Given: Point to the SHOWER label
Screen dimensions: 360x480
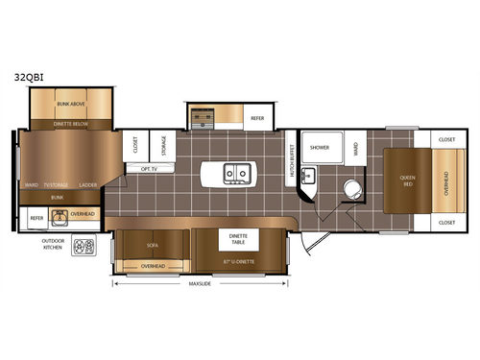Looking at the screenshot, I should (320, 147).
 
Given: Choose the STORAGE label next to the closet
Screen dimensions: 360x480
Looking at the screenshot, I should (163, 147).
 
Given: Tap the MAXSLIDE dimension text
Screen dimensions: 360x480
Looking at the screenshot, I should (200, 283).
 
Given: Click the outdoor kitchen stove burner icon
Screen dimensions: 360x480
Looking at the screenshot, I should (88, 246).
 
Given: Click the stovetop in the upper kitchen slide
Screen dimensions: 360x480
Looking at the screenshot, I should (203, 117).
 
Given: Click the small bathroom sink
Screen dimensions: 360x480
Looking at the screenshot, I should (309, 177).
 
